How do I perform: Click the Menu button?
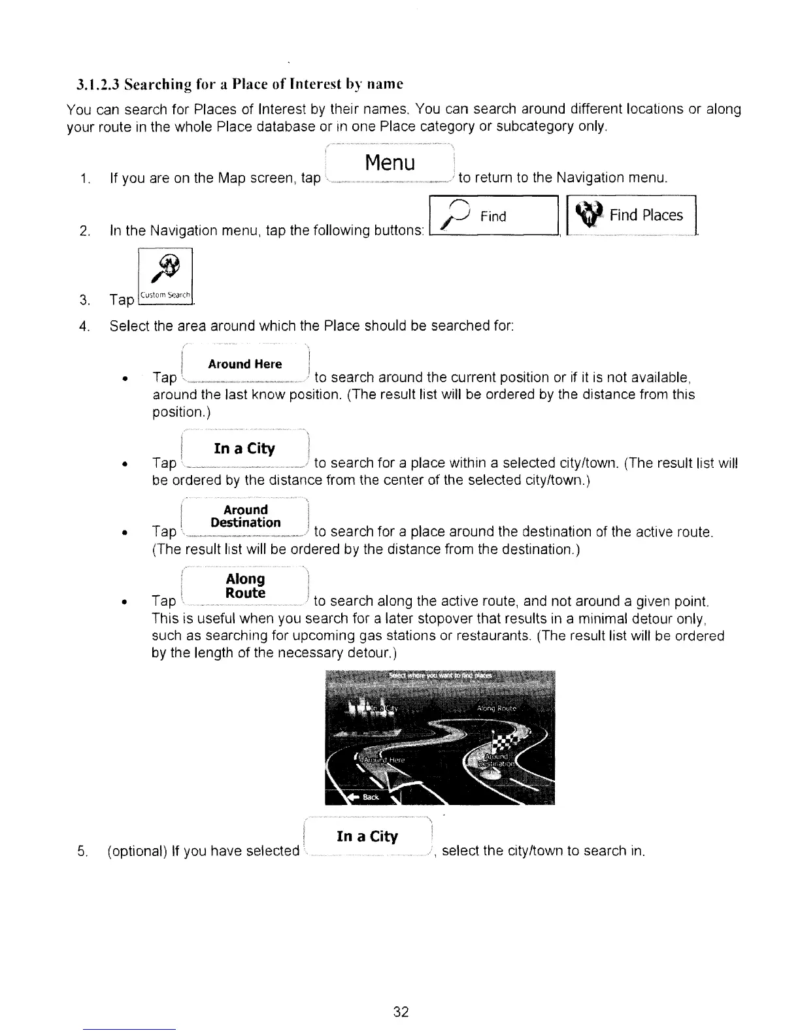pos(390,163)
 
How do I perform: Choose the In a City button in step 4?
pos(244,448)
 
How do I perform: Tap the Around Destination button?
pos(246,516)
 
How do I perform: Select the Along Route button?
pos(245,586)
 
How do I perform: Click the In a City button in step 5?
pos(367,837)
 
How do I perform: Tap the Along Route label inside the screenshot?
pos(497,708)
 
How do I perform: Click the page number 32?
pos(401,1012)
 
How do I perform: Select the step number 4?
pos(84,325)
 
